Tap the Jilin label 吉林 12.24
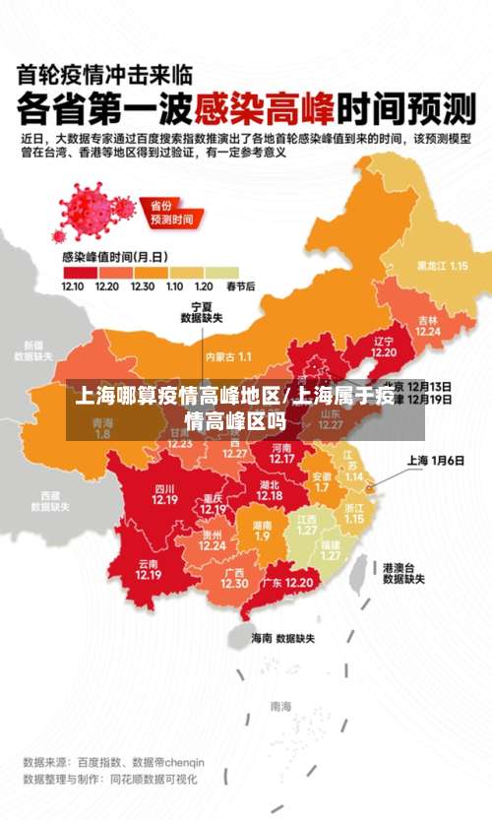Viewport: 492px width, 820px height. point(427,326)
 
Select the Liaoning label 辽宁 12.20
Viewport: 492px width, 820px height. point(384,347)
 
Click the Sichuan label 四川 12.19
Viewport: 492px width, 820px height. point(164,493)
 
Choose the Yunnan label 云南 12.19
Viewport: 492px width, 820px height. point(149,569)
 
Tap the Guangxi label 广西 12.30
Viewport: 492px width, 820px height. point(234,578)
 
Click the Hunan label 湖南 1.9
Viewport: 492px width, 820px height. point(262,531)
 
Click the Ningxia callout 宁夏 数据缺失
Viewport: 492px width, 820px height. point(202,312)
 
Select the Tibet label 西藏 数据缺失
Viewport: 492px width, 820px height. point(50,502)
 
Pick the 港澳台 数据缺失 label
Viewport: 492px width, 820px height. point(403,573)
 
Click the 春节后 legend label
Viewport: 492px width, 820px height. point(240,286)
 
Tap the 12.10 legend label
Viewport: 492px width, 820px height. point(73,286)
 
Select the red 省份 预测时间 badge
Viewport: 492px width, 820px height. point(169,215)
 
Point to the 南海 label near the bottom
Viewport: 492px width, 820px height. point(280,706)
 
